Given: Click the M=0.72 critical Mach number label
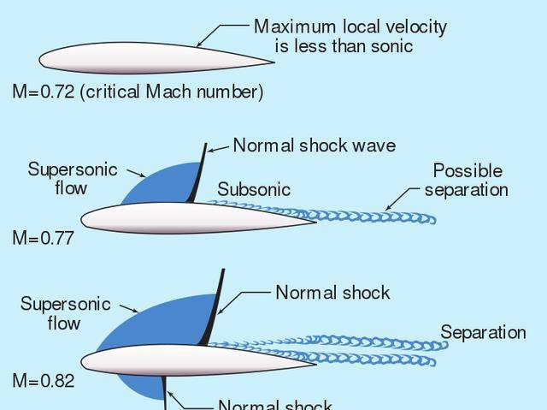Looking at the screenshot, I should coord(137,92).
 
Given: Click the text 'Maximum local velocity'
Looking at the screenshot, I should coord(350,27).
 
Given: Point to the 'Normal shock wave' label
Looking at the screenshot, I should coord(314,146).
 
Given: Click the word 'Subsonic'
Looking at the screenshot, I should coord(254,189).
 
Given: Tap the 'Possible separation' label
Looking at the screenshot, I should coord(467,180).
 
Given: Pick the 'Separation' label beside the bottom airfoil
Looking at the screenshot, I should coord(483,332).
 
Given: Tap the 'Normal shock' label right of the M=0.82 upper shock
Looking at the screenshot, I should coord(332,293).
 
